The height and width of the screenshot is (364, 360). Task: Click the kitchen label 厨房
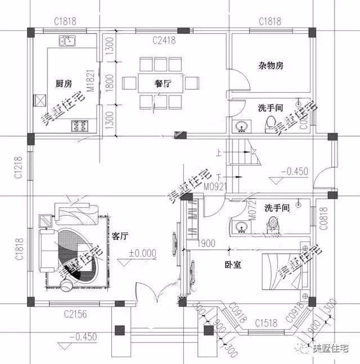click(64, 84)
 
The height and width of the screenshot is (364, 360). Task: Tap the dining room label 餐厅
click(163, 84)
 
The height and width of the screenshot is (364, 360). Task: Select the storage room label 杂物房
click(271, 65)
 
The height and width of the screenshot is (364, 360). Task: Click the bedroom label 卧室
click(233, 264)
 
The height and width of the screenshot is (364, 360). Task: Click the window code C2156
click(75, 313)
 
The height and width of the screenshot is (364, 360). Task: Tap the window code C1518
click(265, 322)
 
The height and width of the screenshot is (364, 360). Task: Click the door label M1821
click(89, 84)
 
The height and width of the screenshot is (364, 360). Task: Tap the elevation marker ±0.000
click(142, 253)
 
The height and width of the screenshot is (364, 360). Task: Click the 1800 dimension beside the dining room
click(109, 84)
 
